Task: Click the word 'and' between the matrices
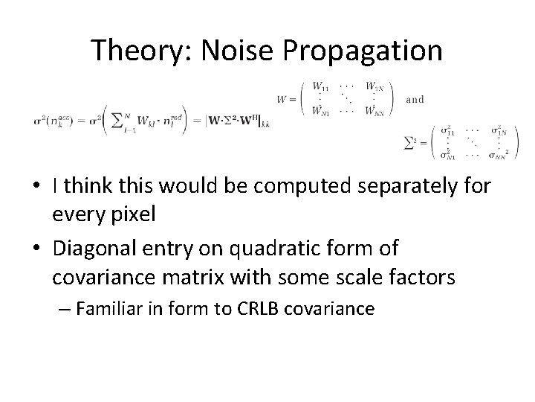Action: coord(415,98)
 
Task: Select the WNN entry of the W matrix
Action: coord(376,112)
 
